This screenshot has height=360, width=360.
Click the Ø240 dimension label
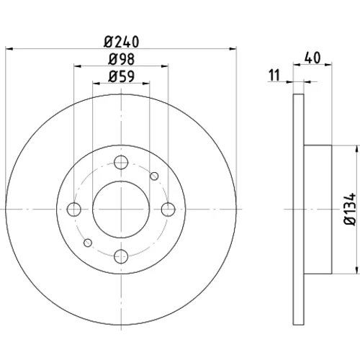(121, 42)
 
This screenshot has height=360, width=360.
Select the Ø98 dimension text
(121, 59)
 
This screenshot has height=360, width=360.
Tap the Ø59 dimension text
(121, 76)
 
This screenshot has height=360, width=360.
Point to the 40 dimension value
(312, 58)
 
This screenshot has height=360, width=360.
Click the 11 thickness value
(274, 75)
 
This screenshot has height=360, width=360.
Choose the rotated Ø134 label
(350, 209)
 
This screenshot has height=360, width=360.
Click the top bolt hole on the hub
(121, 163)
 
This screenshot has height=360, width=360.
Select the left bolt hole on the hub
(74, 210)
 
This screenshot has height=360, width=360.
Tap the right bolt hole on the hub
(168, 210)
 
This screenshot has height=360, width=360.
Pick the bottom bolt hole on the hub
(121, 256)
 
